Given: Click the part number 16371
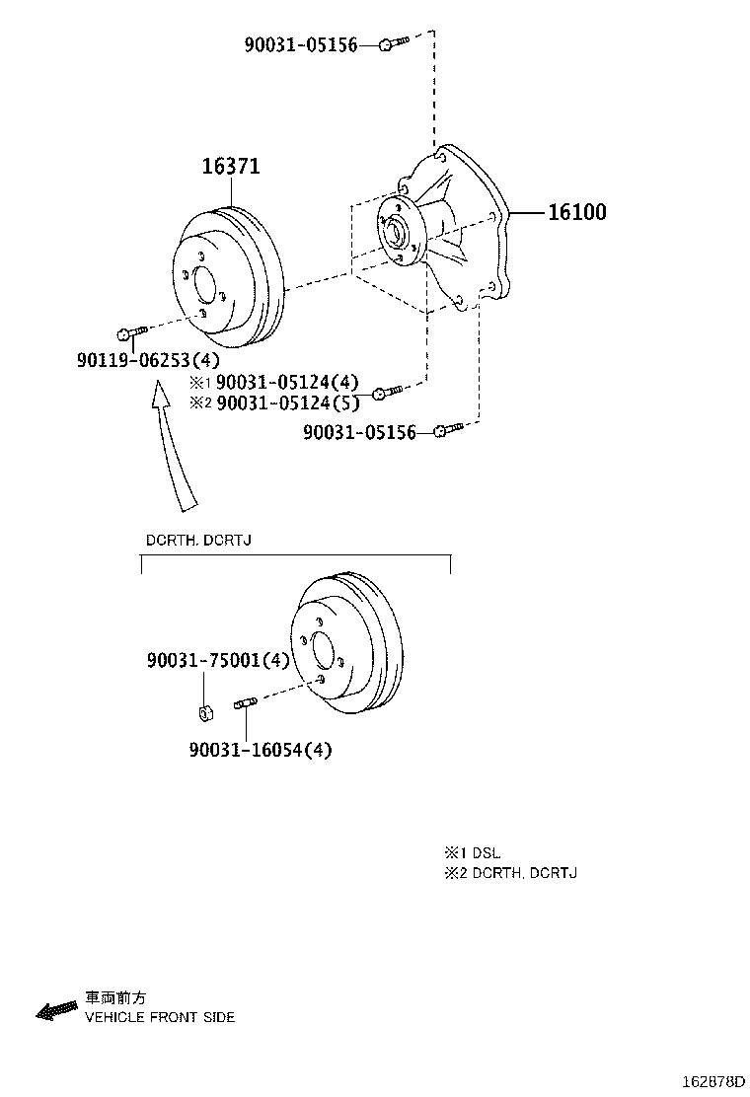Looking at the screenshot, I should [231, 167].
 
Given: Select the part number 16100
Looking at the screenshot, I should [577, 212].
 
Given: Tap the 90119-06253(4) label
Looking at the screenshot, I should [148, 360].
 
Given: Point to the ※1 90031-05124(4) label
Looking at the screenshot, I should [275, 382].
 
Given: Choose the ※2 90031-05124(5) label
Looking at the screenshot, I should [275, 402].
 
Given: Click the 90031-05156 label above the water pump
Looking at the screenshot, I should [301, 44].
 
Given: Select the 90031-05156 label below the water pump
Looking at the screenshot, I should [359, 432].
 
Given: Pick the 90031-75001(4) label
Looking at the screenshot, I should [218, 660].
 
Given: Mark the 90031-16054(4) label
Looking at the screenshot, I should [261, 750].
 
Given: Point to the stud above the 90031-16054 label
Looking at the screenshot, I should [245, 703].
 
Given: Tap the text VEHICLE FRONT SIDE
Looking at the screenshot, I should [160, 1017].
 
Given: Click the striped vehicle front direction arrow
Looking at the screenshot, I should [56, 1010].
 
